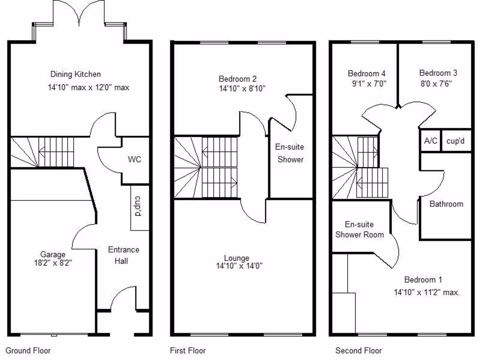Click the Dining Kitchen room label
[75, 74]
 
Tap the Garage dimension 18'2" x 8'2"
[52, 263]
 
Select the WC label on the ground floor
[135, 159]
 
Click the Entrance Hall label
[123, 255]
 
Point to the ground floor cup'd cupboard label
[139, 208]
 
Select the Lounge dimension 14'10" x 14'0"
[239, 266]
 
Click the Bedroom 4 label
[367, 73]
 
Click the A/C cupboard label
[431, 141]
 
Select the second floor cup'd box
[455, 141]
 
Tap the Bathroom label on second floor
[446, 204]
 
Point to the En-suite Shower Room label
[360, 230]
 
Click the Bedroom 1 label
[423, 280]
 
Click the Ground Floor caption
[28, 351]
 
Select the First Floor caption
[187, 351]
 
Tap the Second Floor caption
[359, 351]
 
